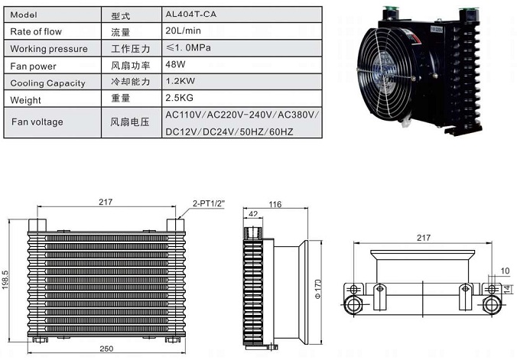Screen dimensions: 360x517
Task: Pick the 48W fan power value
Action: coord(175,65)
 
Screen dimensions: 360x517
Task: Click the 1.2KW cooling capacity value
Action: coord(179,82)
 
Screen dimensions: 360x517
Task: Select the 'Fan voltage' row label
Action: coord(37,122)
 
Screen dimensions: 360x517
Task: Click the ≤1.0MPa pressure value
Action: coord(187,48)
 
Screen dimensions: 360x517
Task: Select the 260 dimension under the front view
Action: coord(106,349)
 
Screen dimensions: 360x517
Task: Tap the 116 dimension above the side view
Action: coord(276,204)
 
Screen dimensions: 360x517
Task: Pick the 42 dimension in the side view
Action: coord(253,216)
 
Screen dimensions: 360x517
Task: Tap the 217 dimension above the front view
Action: coord(106,202)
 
